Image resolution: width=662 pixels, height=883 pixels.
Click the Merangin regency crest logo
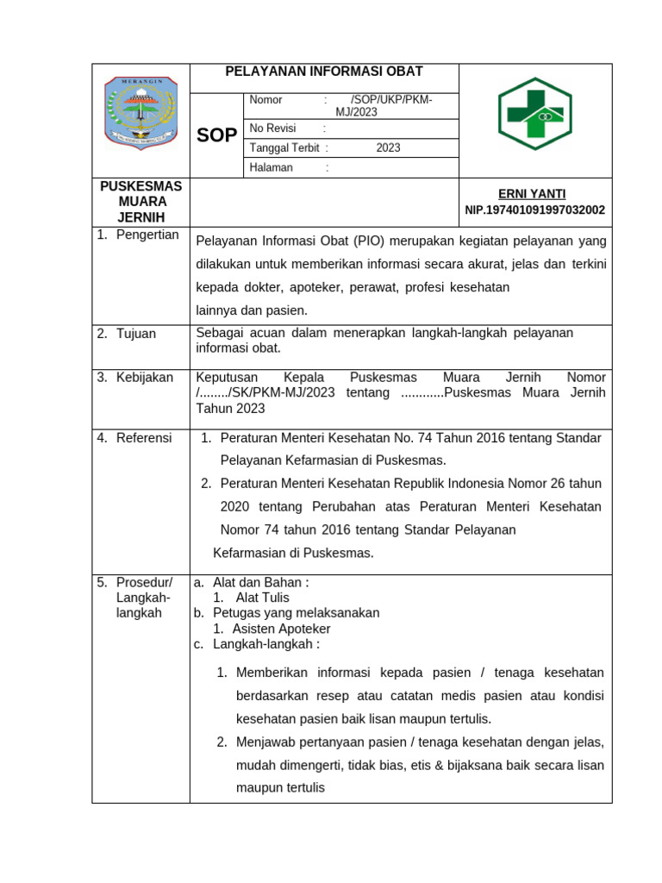[141, 112]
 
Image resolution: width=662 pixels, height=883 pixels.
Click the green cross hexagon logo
[534, 113]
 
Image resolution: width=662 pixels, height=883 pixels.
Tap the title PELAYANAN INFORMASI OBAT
[324, 72]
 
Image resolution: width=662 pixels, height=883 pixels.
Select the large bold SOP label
[216, 135]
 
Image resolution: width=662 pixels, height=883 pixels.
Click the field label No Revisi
[272, 128]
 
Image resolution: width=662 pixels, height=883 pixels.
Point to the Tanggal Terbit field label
[284, 147]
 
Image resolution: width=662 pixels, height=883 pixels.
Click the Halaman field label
[271, 167]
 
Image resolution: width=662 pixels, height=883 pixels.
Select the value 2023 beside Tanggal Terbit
[388, 147]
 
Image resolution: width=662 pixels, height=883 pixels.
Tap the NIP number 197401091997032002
[534, 210]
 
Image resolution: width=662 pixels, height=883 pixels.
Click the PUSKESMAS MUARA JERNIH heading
[141, 202]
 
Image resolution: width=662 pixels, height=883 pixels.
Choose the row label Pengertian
[147, 235]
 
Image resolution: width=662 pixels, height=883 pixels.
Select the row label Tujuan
[138, 333]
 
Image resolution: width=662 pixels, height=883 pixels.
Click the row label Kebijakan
[145, 377]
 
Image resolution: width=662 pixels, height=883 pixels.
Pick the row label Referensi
[144, 437]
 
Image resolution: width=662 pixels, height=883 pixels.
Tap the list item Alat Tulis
[262, 597]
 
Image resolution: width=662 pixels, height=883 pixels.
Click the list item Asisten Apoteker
[281, 629]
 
